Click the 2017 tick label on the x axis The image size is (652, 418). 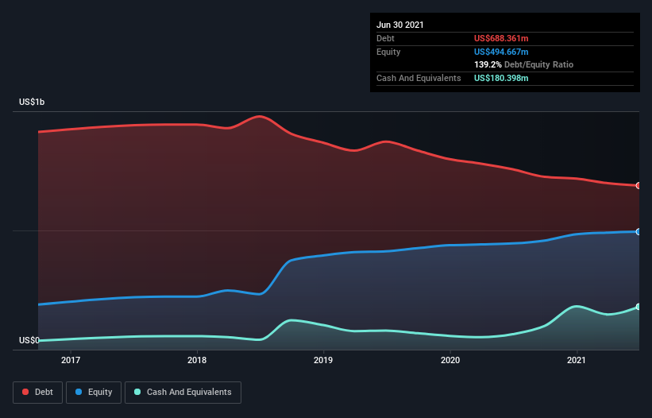click(71, 361)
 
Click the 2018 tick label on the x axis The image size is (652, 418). click(197, 361)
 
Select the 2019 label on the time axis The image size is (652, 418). click(323, 361)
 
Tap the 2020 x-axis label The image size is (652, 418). click(449, 361)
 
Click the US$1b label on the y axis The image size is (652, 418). click(32, 103)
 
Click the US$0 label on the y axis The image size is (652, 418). click(29, 340)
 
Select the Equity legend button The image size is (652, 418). click(94, 392)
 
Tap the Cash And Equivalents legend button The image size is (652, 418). click(183, 392)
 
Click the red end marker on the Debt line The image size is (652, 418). click(638, 185)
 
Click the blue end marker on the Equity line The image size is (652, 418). click(638, 231)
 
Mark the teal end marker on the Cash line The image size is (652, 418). click(638, 307)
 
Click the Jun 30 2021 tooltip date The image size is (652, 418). click(400, 25)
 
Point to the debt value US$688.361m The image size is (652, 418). click(501, 38)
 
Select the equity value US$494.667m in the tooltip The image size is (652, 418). click(501, 52)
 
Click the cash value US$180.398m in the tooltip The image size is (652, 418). click(501, 78)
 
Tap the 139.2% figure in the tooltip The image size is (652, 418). click(488, 64)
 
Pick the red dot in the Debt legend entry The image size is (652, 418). click(25, 392)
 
